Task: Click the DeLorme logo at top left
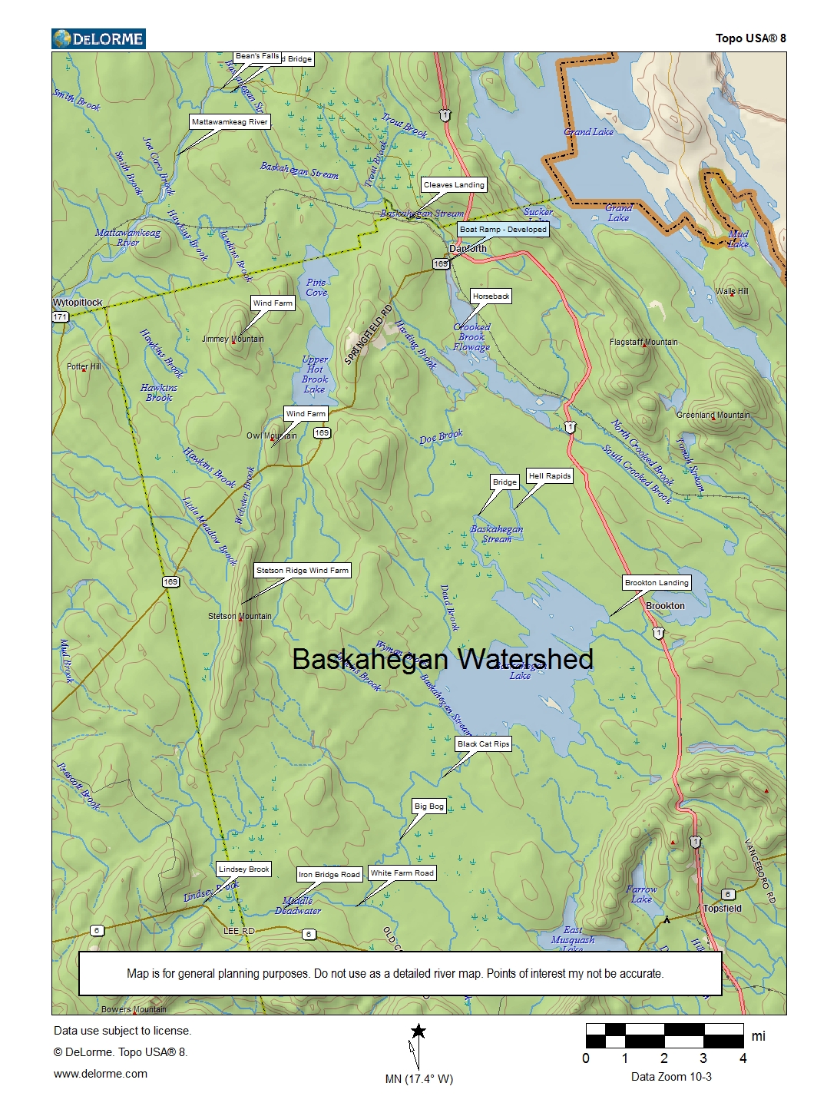98,38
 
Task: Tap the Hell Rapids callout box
550,476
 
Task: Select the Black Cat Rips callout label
483,744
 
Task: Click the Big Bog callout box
428,806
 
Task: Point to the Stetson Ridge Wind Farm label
303,571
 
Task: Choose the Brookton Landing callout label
657,583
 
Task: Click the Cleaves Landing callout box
454,185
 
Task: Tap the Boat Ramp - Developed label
503,230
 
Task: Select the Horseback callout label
491,296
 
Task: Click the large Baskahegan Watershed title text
442,659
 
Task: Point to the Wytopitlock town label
78,303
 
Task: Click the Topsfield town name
722,909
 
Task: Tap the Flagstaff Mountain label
643,343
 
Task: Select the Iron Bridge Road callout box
329,875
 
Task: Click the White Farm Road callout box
402,873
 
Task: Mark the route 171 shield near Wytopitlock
61,316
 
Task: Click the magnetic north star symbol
418,1032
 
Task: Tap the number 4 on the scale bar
743,1058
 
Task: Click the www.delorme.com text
101,1074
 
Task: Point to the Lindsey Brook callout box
244,869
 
